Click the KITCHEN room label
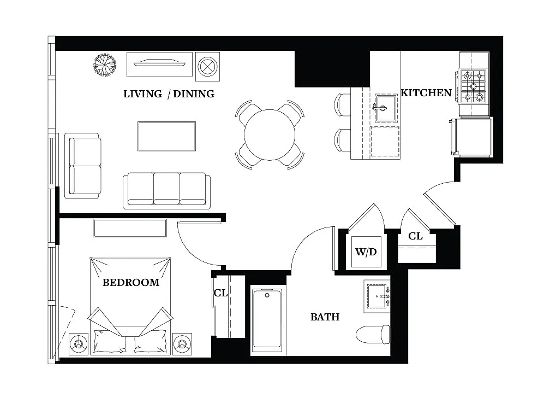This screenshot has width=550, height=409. (x=426, y=93)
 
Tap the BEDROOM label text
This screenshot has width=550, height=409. (x=131, y=283)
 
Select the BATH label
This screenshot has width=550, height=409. (x=325, y=317)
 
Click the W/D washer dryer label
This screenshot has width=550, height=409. (x=366, y=252)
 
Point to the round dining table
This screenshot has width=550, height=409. (x=270, y=135)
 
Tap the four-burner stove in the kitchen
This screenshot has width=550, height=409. (x=473, y=86)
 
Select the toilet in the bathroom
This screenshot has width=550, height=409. (x=374, y=334)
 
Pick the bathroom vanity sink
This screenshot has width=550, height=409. (x=378, y=296)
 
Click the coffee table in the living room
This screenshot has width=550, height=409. (x=166, y=136)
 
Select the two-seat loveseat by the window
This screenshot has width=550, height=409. (x=83, y=166)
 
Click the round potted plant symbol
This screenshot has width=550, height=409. (x=104, y=65)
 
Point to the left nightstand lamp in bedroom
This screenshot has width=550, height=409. (x=80, y=344)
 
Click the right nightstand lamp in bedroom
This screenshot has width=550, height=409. (x=182, y=343)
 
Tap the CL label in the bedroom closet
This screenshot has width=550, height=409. (x=220, y=294)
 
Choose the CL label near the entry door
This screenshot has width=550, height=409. (x=416, y=237)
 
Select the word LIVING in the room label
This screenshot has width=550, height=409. (x=142, y=94)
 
